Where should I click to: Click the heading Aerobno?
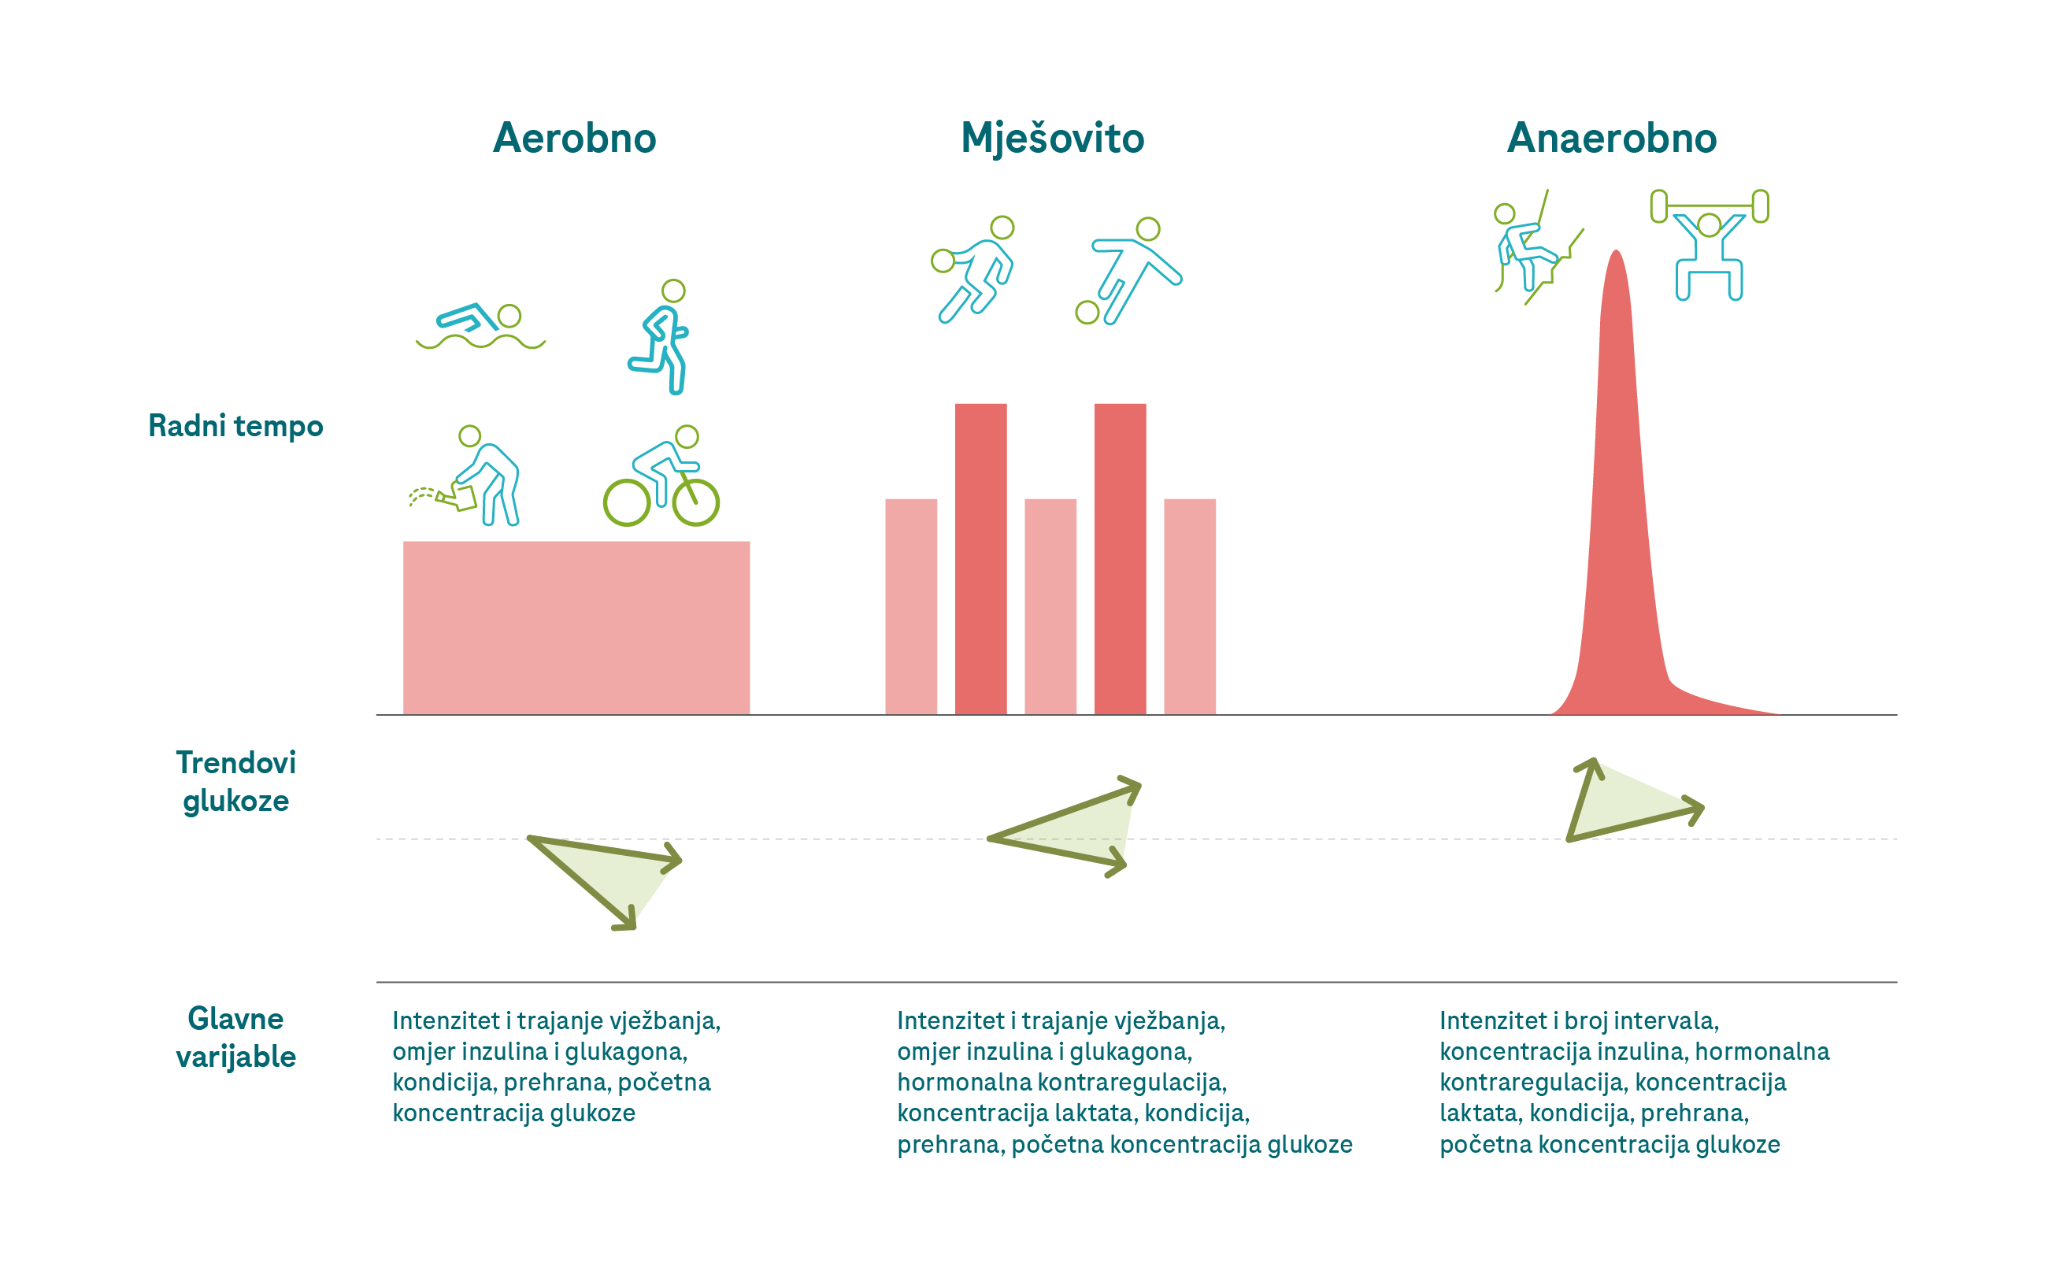point(574,138)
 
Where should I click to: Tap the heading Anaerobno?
point(1611,138)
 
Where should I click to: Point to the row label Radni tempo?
point(235,426)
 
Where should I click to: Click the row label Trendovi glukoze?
point(235,781)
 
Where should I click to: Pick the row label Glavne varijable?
point(235,1037)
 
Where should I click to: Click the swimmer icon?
point(480,327)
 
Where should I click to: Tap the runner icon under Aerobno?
point(661,337)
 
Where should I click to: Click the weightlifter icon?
point(1709,244)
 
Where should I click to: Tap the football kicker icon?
point(1128,272)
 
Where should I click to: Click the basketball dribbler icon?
point(975,269)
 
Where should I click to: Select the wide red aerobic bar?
point(576,628)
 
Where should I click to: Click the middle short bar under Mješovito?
point(1050,606)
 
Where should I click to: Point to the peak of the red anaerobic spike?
point(1615,253)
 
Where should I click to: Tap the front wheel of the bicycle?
point(695,503)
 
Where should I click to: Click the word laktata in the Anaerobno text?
point(1480,1113)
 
